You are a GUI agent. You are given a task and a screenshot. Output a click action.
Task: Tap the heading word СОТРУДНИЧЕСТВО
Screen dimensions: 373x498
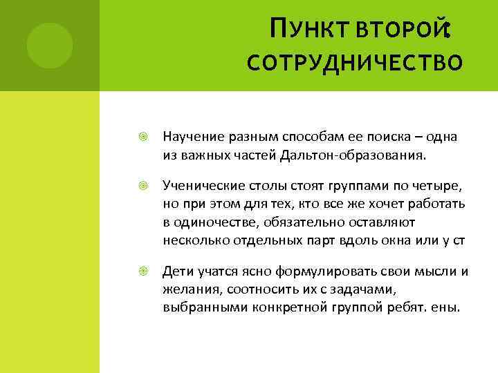(355, 64)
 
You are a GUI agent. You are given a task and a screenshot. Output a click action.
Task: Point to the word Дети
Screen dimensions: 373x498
(177, 271)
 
